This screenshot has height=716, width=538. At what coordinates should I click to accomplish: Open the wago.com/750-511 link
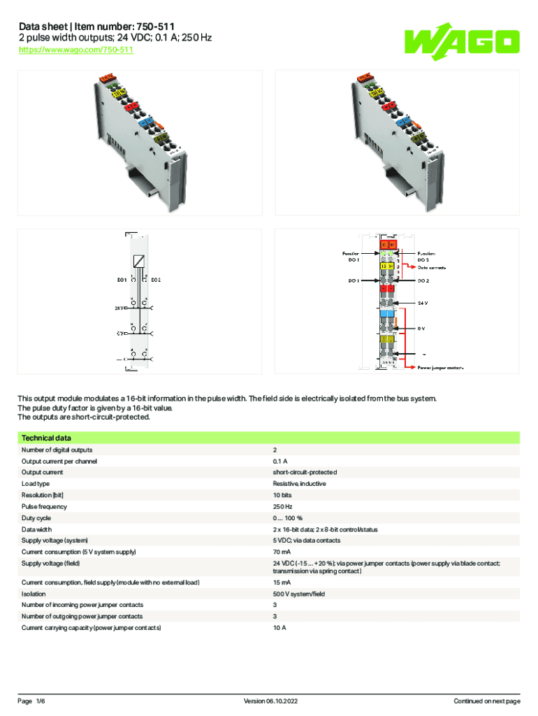pos(75,50)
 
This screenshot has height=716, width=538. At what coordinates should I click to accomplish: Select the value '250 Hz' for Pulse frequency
pos(282,506)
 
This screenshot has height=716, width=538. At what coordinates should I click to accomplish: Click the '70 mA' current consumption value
pos(282,552)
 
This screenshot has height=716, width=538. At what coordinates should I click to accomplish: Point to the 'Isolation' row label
pos(34,594)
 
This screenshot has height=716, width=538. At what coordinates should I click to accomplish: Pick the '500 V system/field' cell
pos(298,594)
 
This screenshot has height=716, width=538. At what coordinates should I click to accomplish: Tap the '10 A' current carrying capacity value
pos(279,628)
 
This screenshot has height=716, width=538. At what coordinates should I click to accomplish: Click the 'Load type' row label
pos(36,484)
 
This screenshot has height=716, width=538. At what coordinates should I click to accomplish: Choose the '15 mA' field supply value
pos(282,582)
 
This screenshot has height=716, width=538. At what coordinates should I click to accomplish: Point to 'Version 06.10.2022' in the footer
pos(269,701)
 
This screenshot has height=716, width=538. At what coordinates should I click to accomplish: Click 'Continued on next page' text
pos(486,701)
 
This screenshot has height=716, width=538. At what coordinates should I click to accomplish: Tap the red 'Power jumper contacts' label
pos(441,366)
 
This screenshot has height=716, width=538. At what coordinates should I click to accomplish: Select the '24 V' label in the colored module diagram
pos(423,303)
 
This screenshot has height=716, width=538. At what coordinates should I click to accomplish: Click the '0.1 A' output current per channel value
pos(280,461)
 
